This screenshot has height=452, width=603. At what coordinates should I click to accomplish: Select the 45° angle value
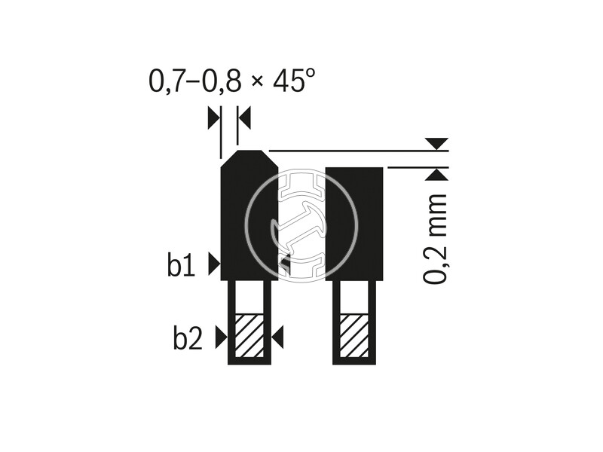(x=295, y=81)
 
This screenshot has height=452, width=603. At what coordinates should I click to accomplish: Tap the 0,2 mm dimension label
(x=436, y=239)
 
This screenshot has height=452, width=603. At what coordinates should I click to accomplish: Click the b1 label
(x=181, y=264)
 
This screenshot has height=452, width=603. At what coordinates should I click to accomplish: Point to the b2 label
(x=188, y=337)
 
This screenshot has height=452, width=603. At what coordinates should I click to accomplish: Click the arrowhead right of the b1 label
(x=214, y=264)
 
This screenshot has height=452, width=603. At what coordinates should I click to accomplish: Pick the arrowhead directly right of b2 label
(x=221, y=337)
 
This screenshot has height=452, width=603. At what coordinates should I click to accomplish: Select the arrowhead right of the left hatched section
(x=277, y=337)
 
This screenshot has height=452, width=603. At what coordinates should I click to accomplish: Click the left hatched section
(x=249, y=335)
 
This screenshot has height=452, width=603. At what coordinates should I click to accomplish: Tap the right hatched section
(x=354, y=335)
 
